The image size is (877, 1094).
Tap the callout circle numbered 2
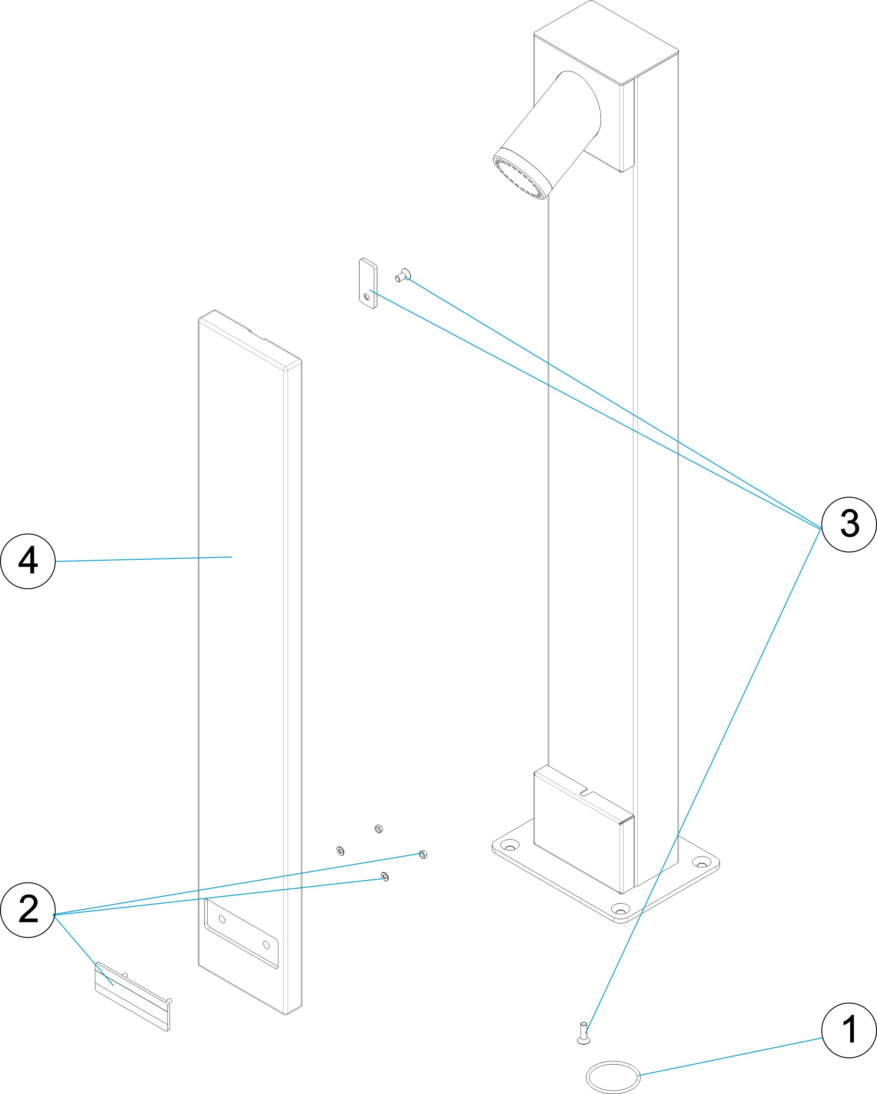pyautogui.click(x=28, y=909)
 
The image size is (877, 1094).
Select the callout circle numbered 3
pyautogui.click(x=848, y=524)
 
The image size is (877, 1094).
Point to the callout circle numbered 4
pyautogui.click(x=28, y=561)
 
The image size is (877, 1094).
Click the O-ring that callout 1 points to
pyautogui.click(x=613, y=1076)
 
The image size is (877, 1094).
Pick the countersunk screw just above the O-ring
pyautogui.click(x=584, y=1033)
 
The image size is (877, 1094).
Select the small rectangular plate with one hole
pyautogui.click(x=368, y=284)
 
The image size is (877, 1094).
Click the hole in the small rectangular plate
pyautogui.click(x=366, y=296)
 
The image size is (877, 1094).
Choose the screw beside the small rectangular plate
pyautogui.click(x=402, y=275)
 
